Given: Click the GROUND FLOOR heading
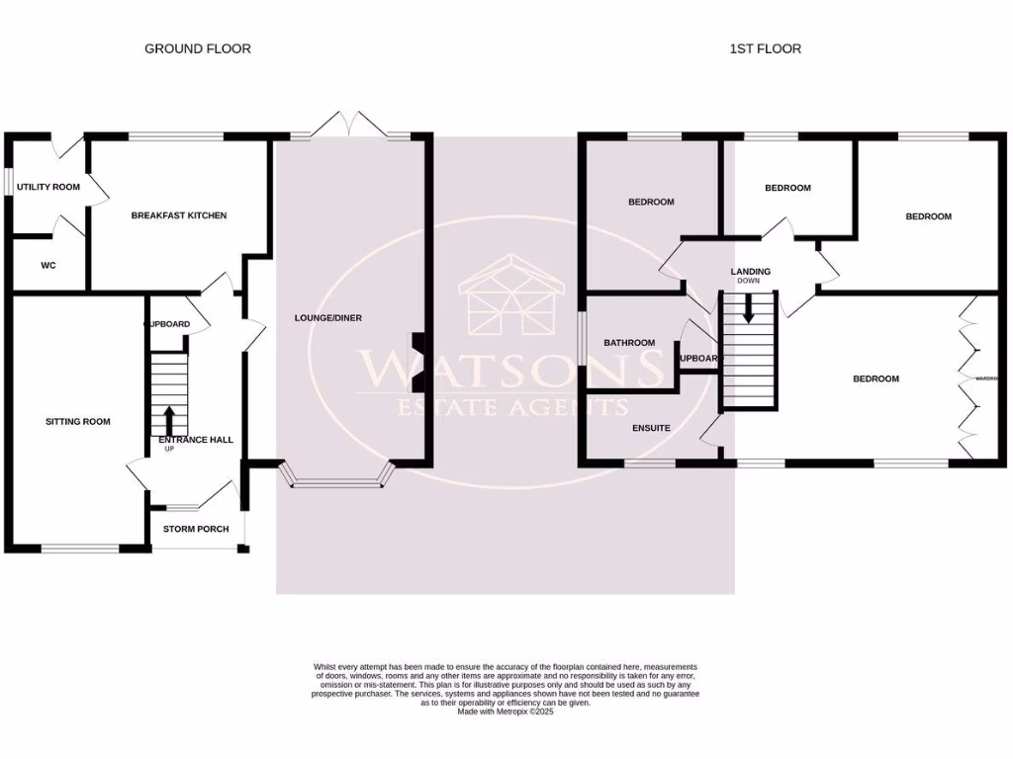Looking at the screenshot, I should tap(198, 48).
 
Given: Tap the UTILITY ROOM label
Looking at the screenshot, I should tap(48, 187).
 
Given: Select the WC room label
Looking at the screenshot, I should tap(48, 266).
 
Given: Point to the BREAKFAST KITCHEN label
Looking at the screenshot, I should tap(179, 215).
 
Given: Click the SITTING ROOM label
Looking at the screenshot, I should tap(78, 422).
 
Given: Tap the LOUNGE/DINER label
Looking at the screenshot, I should tap(328, 318).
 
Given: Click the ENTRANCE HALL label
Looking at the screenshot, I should tap(197, 440).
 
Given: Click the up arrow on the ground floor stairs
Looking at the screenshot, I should tap(168, 419).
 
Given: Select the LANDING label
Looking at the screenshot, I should tap(750, 272).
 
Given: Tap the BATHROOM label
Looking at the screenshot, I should tap(630, 344).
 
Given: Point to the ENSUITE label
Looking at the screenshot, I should tap(651, 429).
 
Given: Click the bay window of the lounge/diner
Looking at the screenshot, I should tap(338, 482).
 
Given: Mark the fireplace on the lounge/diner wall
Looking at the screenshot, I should tap(418, 355).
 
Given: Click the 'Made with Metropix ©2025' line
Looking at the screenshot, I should tap(506, 712).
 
